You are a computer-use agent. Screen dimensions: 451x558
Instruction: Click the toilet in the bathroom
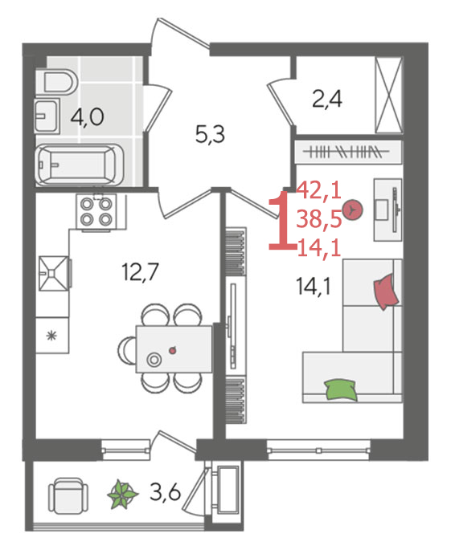pyautogui.click(x=58, y=82)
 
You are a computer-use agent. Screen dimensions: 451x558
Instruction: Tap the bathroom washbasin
pyautogui.click(x=47, y=116)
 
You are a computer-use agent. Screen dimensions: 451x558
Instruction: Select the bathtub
pyautogui.click(x=80, y=165)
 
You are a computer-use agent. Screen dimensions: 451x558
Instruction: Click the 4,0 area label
pyautogui.click(x=88, y=117)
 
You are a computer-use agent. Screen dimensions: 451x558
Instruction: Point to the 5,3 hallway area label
pyautogui.click(x=210, y=135)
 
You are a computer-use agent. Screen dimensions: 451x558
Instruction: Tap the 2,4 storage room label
pyautogui.click(x=327, y=99)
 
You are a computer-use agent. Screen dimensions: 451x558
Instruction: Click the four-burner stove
pyautogui.click(x=96, y=212)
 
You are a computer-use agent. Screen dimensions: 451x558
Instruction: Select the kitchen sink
pyautogui.click(x=53, y=273)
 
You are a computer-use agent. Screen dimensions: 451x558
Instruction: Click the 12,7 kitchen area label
pyautogui.click(x=140, y=271)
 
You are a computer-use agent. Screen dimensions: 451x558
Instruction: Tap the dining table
pyautogui.click(x=174, y=349)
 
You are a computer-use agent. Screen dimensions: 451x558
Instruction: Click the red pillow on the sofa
pyautogui.click(x=386, y=291)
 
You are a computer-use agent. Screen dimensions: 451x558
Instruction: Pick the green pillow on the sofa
pyautogui.click(x=340, y=389)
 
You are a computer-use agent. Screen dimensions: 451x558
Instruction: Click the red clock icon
pyautogui.click(x=352, y=210)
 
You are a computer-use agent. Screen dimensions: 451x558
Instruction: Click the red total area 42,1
pyautogui.click(x=319, y=190)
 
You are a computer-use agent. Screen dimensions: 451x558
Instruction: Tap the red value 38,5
pyautogui.click(x=319, y=219)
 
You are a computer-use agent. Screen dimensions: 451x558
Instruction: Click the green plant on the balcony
pyautogui.click(x=123, y=494)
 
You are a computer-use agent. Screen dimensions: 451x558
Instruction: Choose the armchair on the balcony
pyautogui.click(x=68, y=495)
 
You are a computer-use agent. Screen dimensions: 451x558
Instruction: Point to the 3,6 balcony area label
pyautogui.click(x=165, y=492)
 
